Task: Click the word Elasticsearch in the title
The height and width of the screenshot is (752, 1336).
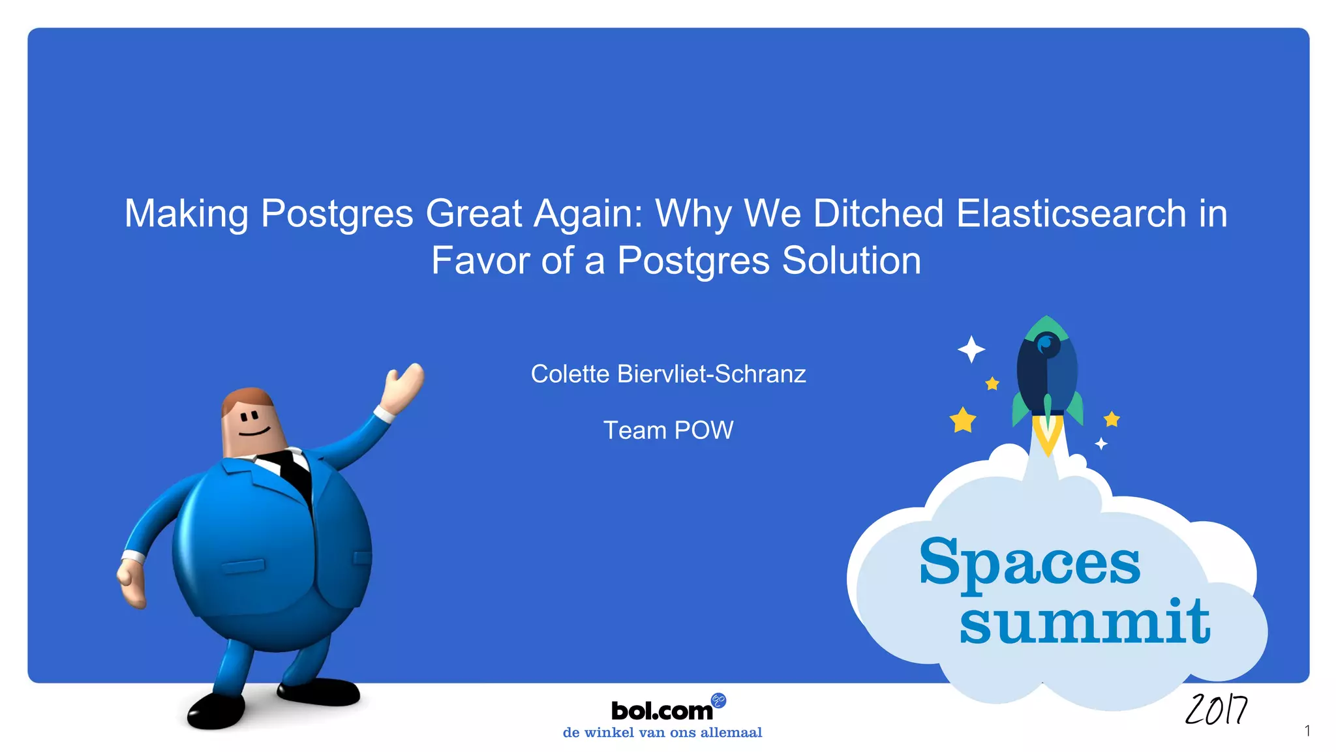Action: pos(1070,213)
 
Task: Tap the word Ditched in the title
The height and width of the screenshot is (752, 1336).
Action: pos(878,213)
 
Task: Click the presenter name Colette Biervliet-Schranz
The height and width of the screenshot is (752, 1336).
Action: pos(668,374)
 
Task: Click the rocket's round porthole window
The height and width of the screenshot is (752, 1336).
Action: pos(1047,343)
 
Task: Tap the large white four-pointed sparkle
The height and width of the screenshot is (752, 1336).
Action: pos(971,350)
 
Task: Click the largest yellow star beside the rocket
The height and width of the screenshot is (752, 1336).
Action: pos(963,420)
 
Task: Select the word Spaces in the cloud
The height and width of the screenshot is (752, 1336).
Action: pos(1029,562)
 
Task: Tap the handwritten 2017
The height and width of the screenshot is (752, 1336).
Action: pos(1216,710)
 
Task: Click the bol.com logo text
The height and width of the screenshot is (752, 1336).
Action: pos(661,710)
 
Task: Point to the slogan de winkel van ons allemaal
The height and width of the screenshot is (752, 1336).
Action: pos(662,732)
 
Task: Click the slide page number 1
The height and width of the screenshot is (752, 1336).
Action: pos(1307,730)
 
